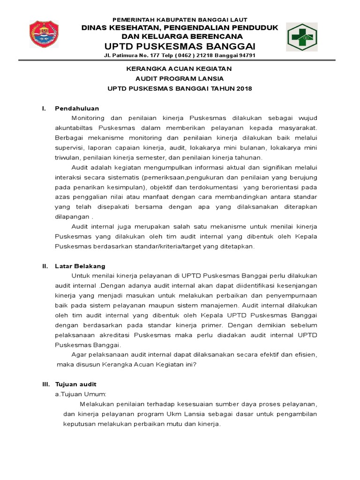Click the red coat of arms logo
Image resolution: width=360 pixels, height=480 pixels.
[44, 34]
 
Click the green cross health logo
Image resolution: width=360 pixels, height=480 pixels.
[302, 37]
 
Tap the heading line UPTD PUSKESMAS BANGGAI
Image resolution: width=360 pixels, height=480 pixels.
[180, 46]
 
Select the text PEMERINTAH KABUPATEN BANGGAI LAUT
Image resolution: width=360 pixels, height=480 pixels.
[180, 19]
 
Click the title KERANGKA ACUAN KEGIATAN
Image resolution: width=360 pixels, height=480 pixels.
[180, 68]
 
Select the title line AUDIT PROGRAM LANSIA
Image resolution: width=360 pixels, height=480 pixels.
[180, 78]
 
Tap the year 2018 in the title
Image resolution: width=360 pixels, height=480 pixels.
[244, 88]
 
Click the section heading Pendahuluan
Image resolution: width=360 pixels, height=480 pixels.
[77, 108]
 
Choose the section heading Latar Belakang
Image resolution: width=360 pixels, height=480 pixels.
[80, 266]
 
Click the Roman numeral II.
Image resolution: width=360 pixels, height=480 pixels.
[45, 266]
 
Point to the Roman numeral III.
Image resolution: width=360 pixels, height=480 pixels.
[46, 384]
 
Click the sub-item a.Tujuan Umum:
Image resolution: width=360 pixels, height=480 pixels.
[81, 394]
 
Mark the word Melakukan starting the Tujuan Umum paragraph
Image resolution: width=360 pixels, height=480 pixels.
[95, 404]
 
